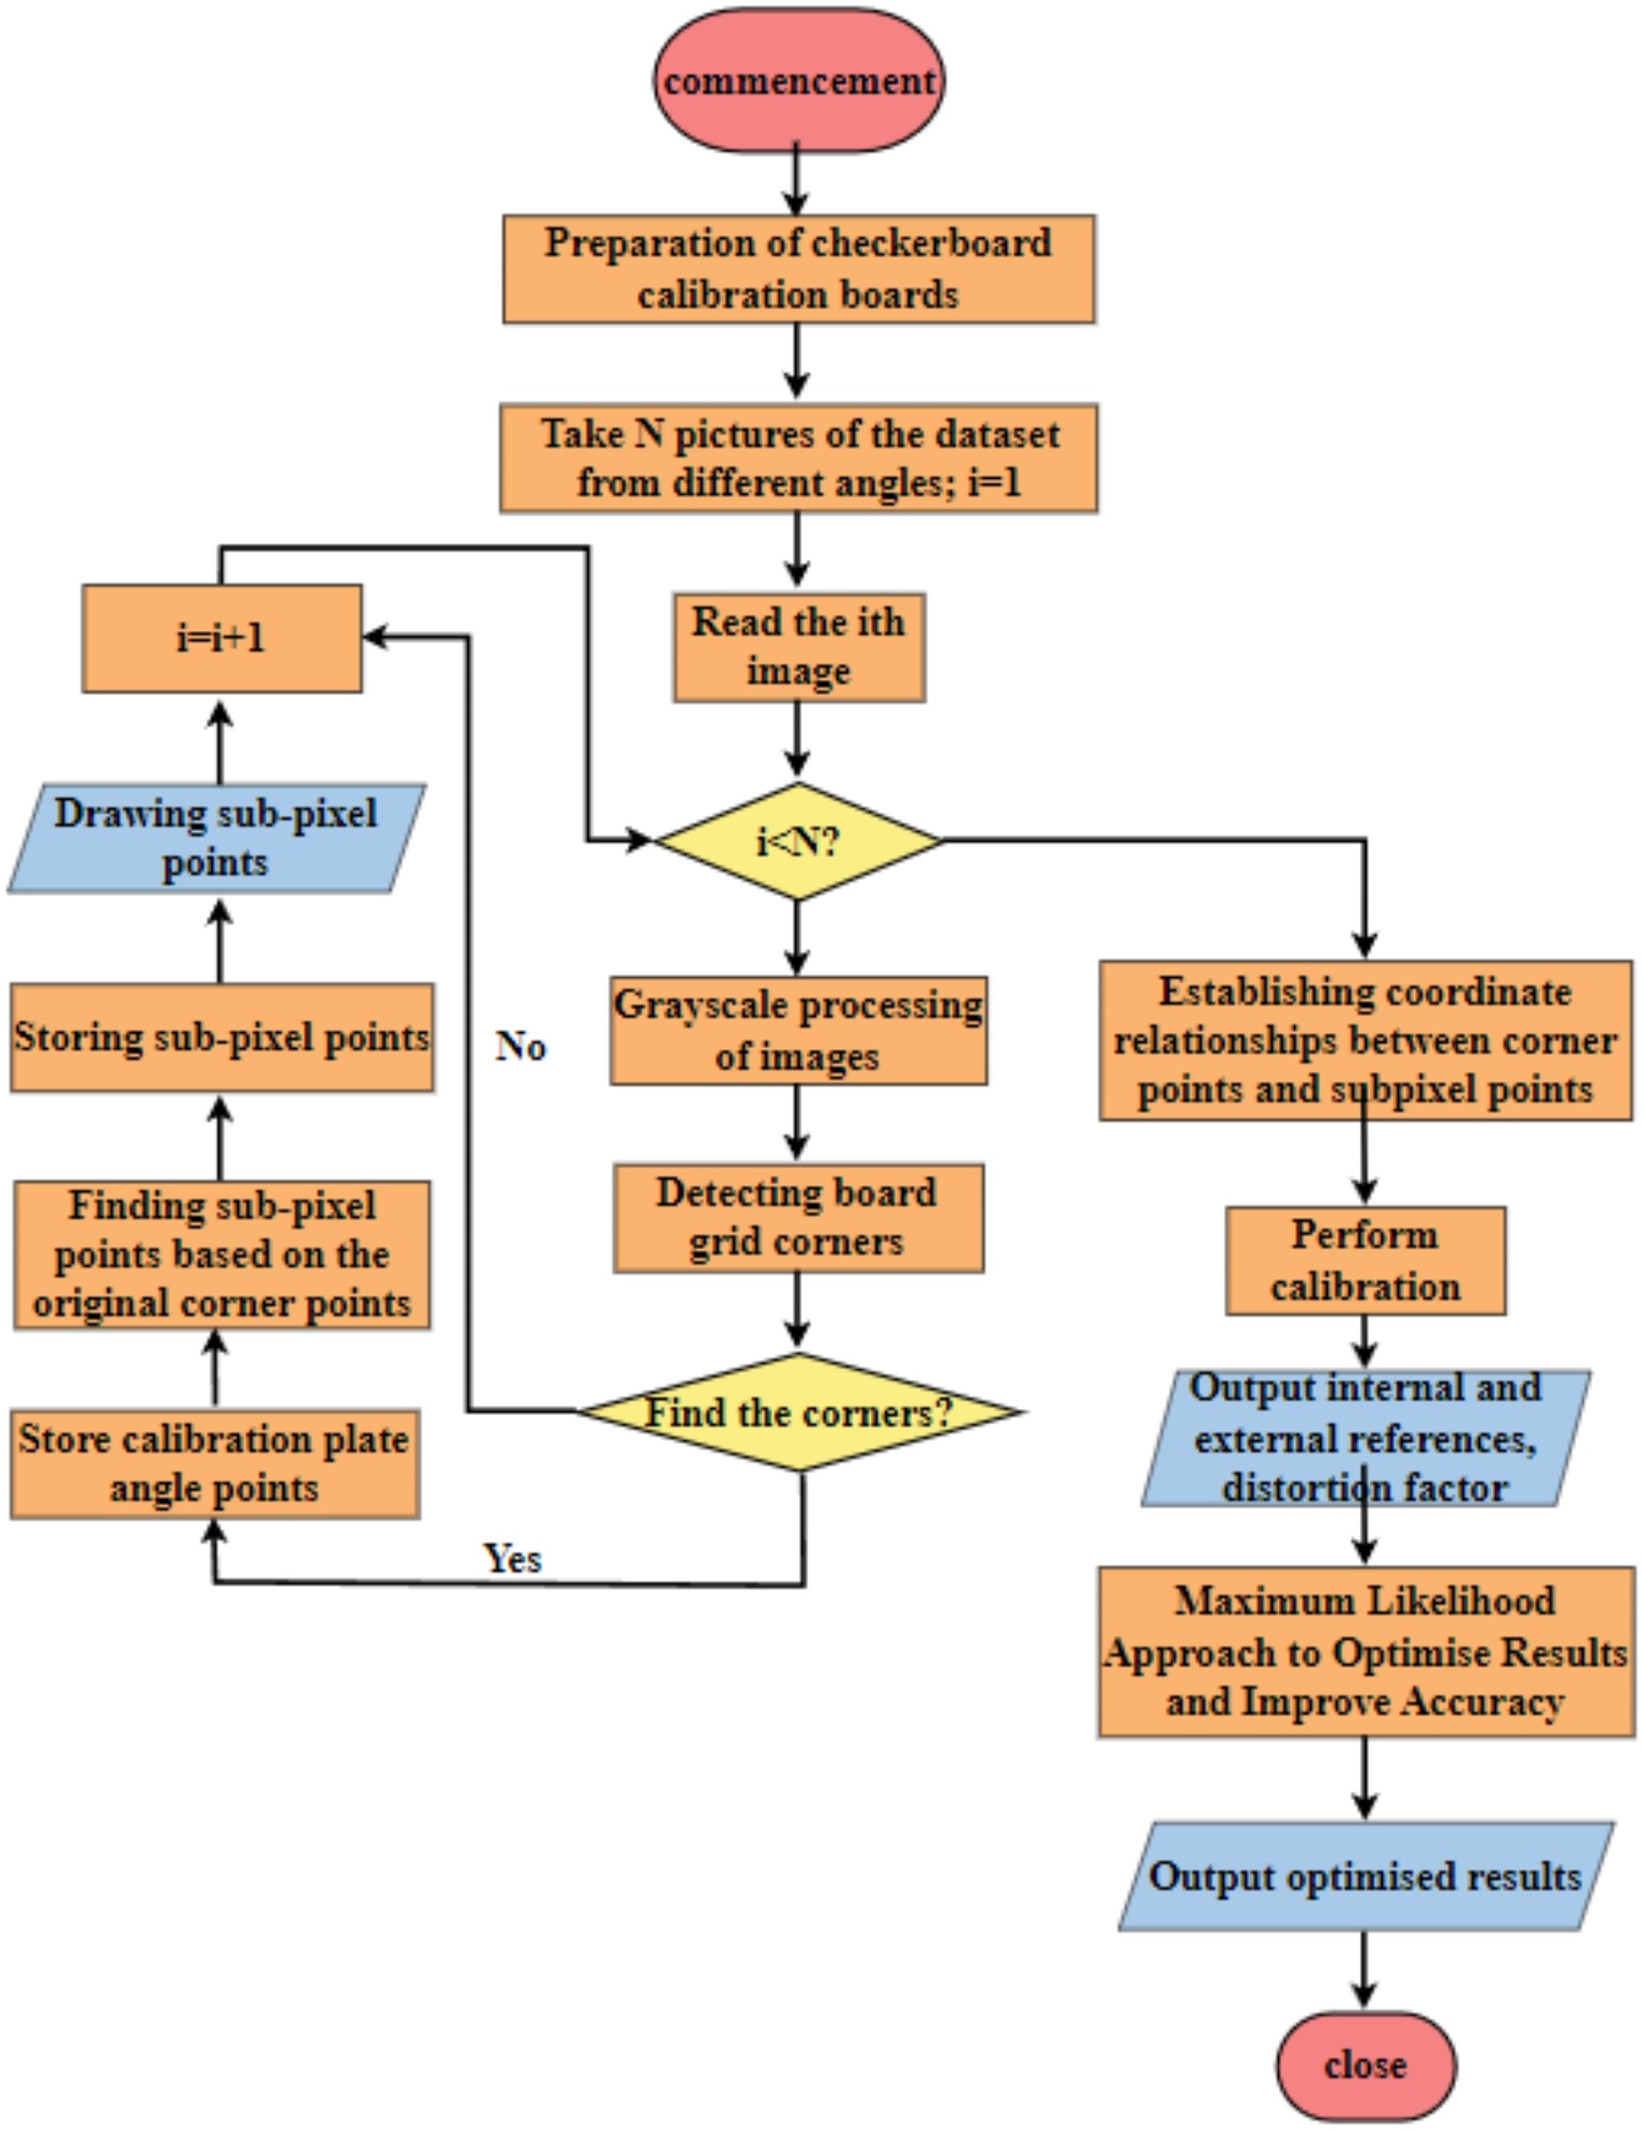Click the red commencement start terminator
pos(798,80)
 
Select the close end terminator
pos(1365,2065)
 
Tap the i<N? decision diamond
pos(798,840)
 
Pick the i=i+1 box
pos(222,638)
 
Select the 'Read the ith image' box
pos(799,646)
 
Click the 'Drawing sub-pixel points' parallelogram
pos(216,837)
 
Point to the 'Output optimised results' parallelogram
pos(1365,1877)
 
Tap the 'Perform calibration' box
pos(1365,1260)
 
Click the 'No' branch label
pos(521,1046)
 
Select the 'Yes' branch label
pos(513,1558)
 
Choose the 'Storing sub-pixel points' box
pos(222,1037)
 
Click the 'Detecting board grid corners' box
pos(798,1217)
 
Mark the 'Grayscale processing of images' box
pos(798,1030)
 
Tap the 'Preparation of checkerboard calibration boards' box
pos(798,269)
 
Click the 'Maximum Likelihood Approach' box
pos(1365,1651)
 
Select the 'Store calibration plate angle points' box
pos(215,1463)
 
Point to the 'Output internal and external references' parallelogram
pos(1365,1438)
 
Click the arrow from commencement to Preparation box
pos(797,181)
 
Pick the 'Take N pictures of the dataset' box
pos(798,457)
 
